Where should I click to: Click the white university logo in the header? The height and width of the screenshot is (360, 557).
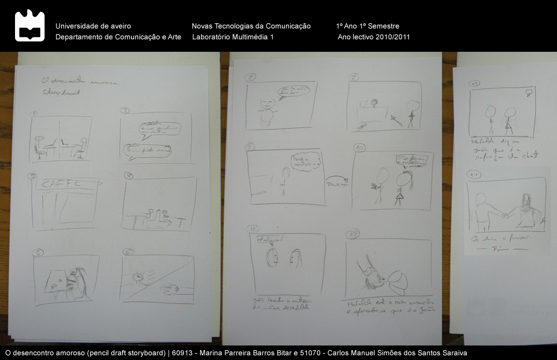(30, 25)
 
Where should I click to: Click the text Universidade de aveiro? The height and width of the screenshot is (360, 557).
(93, 26)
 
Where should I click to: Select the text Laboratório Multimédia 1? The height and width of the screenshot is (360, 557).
(233, 37)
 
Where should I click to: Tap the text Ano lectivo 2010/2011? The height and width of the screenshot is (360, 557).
(374, 37)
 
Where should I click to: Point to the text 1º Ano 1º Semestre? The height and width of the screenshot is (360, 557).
(367, 26)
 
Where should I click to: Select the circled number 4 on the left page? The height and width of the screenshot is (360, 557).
(128, 176)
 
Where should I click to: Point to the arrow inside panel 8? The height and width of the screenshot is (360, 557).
(395, 120)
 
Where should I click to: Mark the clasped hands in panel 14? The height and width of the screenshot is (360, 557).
(504, 214)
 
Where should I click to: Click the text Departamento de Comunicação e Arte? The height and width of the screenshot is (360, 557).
(118, 37)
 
